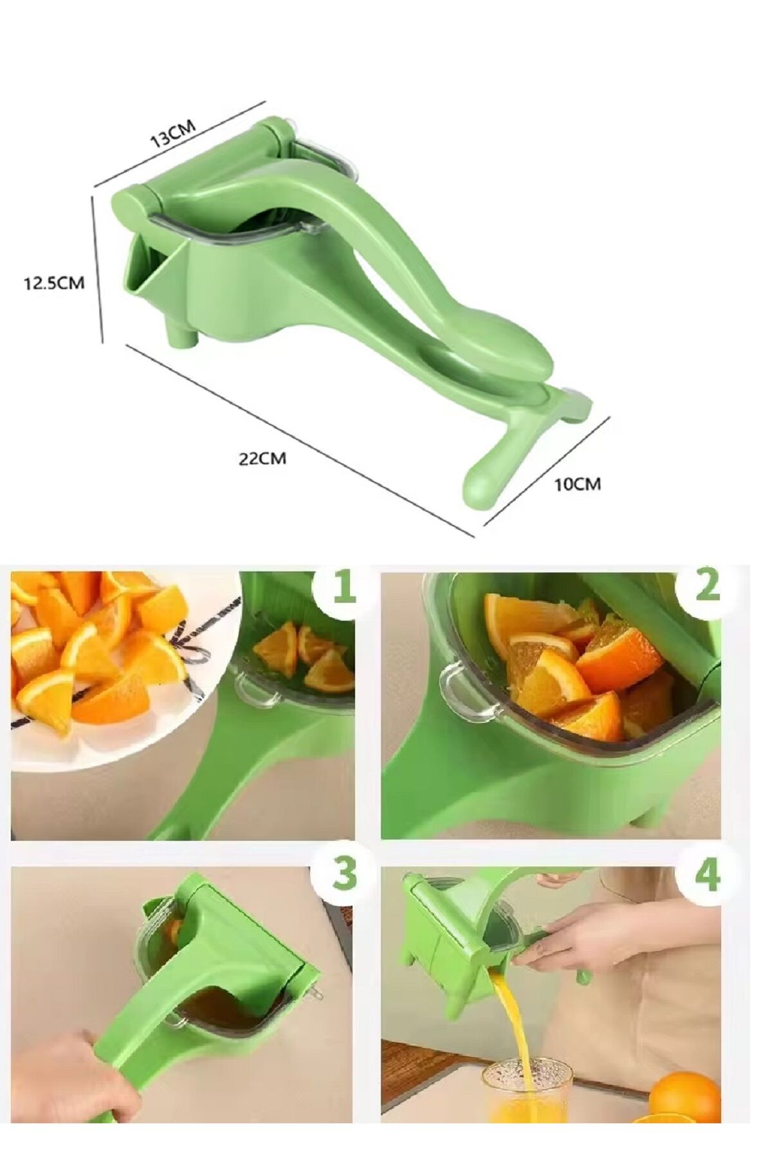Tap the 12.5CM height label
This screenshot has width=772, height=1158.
(54, 282)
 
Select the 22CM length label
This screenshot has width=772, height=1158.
(262, 459)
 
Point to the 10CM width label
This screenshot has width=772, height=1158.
(578, 484)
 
